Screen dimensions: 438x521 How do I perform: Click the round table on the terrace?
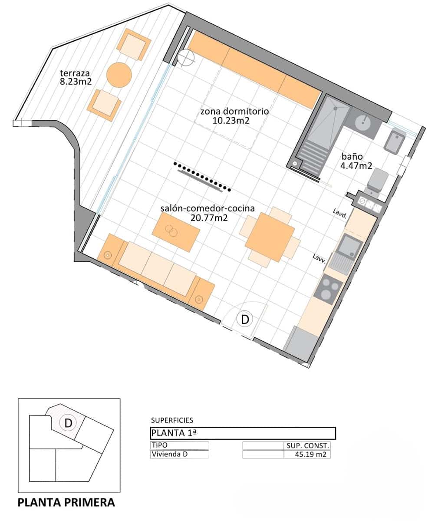119,75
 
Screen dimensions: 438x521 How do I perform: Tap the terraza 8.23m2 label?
76,77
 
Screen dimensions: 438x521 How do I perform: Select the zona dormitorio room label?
235,111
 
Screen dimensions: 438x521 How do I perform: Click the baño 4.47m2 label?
356,161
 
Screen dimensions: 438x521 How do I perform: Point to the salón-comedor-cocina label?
207,208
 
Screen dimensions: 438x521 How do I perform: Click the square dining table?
270,237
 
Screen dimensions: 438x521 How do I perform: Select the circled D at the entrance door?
245,320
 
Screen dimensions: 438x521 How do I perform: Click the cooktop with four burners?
328,290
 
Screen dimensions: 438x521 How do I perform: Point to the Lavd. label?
340,214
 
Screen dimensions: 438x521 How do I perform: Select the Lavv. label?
319,259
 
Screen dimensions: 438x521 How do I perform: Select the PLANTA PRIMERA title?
66,502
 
